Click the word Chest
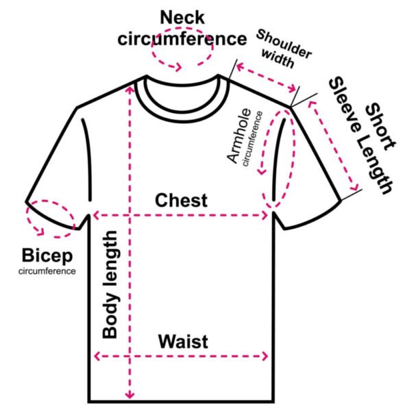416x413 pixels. tap(181, 201)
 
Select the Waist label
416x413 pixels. tap(183, 341)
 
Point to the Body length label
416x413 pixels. tap(111, 284)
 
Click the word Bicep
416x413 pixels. tap(47, 257)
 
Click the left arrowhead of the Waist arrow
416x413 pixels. tap(97, 355)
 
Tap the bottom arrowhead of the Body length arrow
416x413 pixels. tap(129, 397)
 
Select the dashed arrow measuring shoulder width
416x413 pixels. tap(268, 77)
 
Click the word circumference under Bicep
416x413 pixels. tap(47, 271)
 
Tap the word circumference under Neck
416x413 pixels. tap(182, 38)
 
